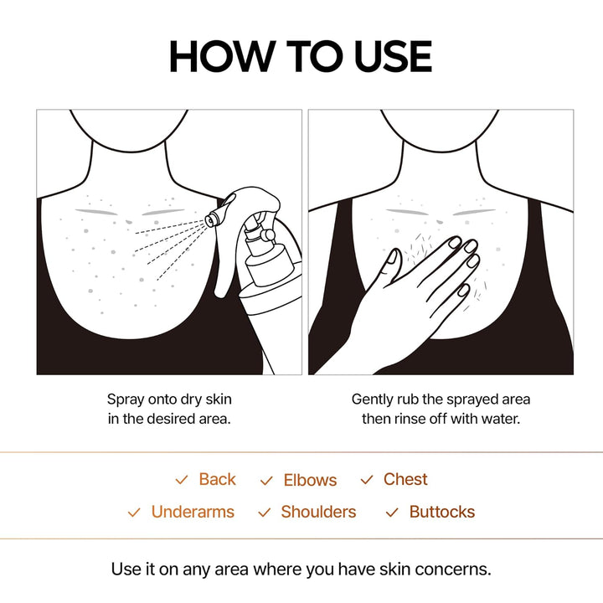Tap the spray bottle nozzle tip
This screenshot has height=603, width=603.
point(211,220)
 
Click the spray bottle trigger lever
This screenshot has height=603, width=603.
point(224,268)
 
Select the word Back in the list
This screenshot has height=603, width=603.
point(217,480)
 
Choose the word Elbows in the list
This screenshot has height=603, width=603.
point(310,481)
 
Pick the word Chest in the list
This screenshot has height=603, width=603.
point(405,480)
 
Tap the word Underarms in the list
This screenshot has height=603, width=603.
point(193,512)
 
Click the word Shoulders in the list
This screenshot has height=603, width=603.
point(318,512)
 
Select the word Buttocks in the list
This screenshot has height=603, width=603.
point(442,512)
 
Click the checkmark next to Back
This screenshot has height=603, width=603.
point(181,481)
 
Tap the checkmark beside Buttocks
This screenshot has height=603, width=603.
point(392,513)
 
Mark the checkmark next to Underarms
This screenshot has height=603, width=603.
point(134,513)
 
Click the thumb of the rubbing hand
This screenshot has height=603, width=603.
point(387,270)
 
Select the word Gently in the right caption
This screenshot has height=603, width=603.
point(374,399)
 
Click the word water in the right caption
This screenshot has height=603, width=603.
point(501,418)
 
